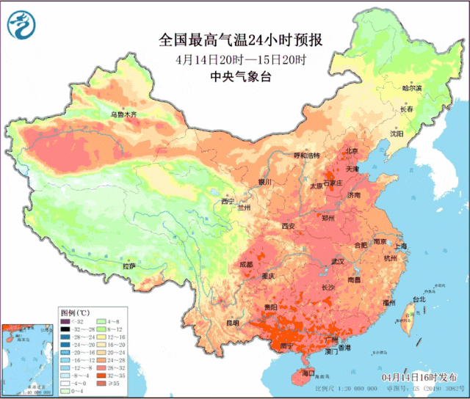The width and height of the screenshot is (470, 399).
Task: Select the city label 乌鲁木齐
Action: tap(124, 114)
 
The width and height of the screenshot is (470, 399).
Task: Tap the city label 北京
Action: tap(352, 152)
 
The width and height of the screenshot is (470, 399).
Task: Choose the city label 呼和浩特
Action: tap(307, 155)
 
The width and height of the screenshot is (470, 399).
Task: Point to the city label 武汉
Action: tap(338, 261)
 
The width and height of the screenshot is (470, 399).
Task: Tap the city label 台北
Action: tap(418, 299)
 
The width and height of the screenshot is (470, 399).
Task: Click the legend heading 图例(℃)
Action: tap(75, 312)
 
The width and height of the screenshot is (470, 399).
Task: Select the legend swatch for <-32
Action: tap(65, 321)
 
